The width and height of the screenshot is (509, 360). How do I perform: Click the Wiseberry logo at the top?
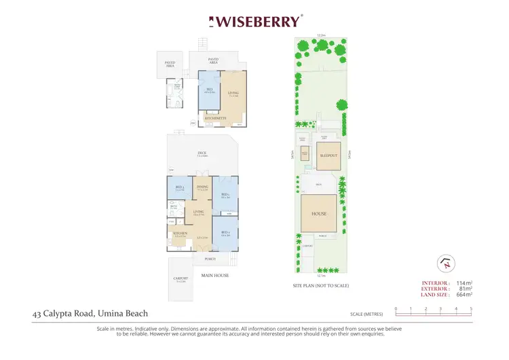click(x=255, y=21)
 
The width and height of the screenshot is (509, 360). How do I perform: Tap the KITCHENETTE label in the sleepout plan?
click(x=215, y=118)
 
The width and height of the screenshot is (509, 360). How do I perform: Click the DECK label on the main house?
click(x=202, y=154)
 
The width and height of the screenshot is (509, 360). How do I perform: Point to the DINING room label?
click(x=202, y=187)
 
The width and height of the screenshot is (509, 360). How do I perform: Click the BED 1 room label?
click(x=225, y=196)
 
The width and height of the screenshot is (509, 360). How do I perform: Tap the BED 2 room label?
click(x=225, y=233)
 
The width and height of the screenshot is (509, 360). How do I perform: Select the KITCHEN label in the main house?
click(x=180, y=234)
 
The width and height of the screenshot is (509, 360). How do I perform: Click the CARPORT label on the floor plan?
click(x=180, y=278)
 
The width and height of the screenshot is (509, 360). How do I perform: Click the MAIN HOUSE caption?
click(x=215, y=275)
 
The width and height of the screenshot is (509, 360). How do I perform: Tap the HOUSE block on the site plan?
click(x=319, y=214)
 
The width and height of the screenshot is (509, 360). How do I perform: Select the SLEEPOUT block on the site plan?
click(x=328, y=156)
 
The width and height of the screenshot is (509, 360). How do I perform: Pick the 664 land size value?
click(x=462, y=294)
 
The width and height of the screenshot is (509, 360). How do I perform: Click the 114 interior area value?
click(x=462, y=283)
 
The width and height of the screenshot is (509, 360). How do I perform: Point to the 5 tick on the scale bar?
click(x=471, y=309)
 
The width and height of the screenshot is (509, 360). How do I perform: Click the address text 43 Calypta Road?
click(x=90, y=314)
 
